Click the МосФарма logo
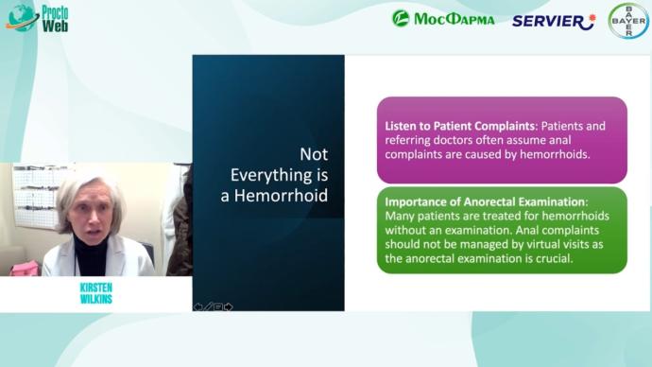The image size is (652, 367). tap(443, 19)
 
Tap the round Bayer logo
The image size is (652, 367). tap(627, 21)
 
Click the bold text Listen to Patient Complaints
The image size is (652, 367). tap(457, 126)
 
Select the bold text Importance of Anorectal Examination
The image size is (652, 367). tap(486, 201)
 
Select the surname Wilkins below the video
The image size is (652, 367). tap(94, 299)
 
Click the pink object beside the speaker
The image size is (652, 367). tap(19, 269)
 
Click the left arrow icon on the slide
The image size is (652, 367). tap(198, 306)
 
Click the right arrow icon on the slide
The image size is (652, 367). tap(228, 306)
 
